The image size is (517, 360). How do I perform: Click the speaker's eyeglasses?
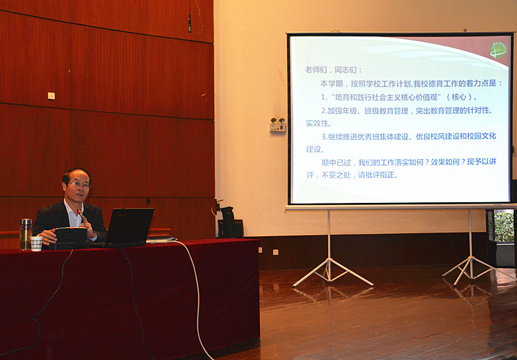tap(78, 185)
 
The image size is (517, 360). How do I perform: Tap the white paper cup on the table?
tap(36, 243)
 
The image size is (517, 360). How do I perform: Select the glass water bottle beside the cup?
tap(26, 234)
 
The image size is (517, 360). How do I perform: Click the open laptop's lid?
tap(129, 226)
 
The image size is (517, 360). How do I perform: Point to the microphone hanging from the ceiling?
tap(190, 24)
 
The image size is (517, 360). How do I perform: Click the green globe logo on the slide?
tap(498, 50)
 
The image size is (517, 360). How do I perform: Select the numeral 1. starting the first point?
tap(324, 97)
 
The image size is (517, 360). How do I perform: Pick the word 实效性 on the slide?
tap(317, 123)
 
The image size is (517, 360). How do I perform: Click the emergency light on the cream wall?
tap(278, 125)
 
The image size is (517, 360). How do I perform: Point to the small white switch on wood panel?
tap(51, 96)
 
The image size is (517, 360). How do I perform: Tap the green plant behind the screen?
tap(504, 227)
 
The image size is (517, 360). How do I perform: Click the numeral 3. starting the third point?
tap(323, 137)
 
